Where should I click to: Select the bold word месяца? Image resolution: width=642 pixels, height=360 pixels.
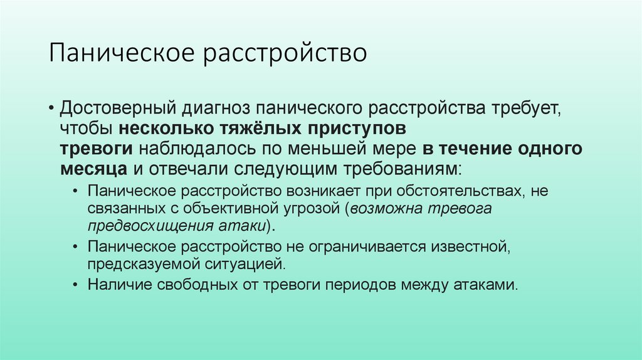[95, 169]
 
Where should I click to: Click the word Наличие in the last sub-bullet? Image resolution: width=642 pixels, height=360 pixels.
[116, 285]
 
